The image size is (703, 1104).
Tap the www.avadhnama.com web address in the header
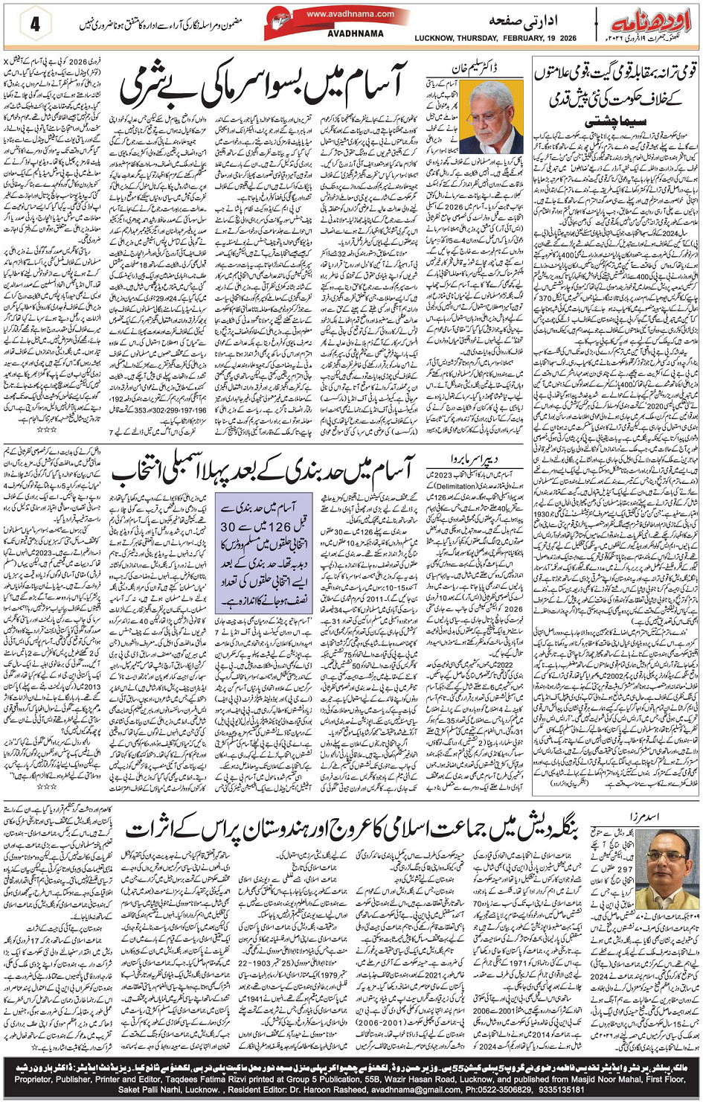pos(350,13)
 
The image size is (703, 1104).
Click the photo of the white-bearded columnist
pos(490,118)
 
